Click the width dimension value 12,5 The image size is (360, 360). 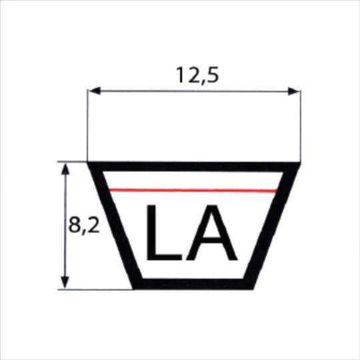pyautogui.click(x=194, y=75)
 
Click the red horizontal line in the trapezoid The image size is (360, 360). pyautogui.click(x=193, y=191)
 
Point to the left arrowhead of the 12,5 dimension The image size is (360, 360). pyautogui.click(x=94, y=91)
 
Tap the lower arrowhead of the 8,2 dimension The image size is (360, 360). pyautogui.click(x=65, y=283)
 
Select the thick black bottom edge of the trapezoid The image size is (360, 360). pyautogui.click(x=193, y=285)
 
